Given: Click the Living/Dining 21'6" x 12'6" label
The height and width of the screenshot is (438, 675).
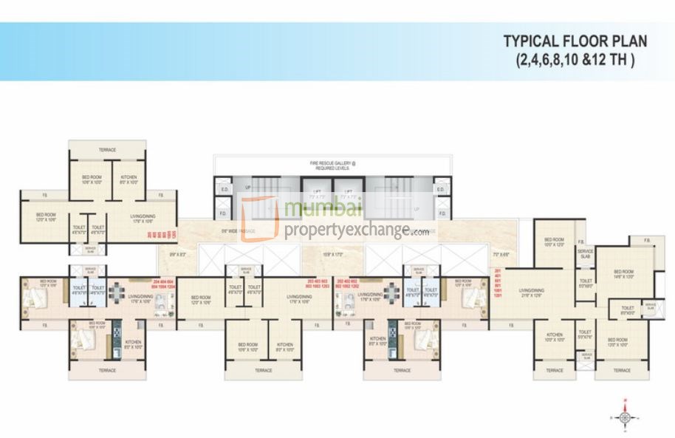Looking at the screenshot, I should (530, 293).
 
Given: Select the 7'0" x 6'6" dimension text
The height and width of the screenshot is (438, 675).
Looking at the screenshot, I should (501, 254).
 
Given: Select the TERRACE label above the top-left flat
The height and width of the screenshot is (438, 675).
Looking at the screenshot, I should (107, 150).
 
